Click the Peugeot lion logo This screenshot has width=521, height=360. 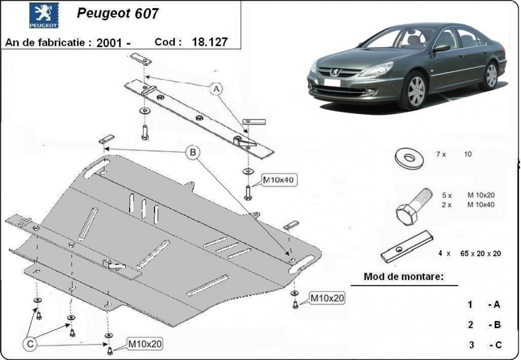[44, 15]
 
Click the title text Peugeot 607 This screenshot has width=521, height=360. [118, 14]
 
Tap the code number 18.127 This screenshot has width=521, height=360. [210, 43]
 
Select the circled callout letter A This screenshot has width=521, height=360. [216, 90]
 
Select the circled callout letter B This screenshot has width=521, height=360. [193, 153]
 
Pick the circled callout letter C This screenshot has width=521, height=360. [30, 345]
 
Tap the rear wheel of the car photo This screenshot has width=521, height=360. [491, 76]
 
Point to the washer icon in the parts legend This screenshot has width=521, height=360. [409, 157]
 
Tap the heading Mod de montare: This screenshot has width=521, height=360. [403, 276]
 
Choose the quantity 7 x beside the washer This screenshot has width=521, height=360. [441, 154]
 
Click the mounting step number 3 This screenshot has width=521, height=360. [472, 345]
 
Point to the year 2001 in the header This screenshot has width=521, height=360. [109, 43]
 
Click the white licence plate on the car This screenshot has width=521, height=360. [332, 83]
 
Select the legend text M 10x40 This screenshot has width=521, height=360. [481, 204]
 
